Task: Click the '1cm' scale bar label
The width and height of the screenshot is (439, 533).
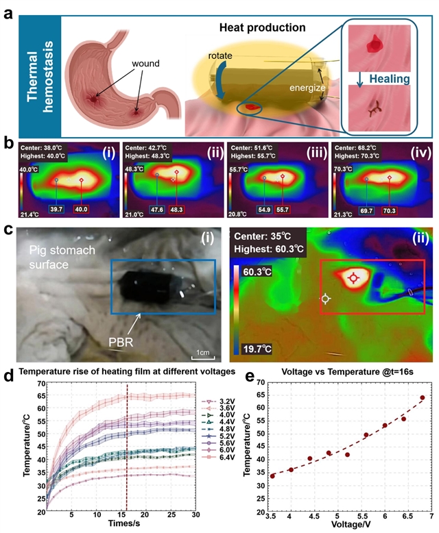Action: [x=203, y=352]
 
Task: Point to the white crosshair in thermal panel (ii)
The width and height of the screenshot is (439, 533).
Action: [x=325, y=299]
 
